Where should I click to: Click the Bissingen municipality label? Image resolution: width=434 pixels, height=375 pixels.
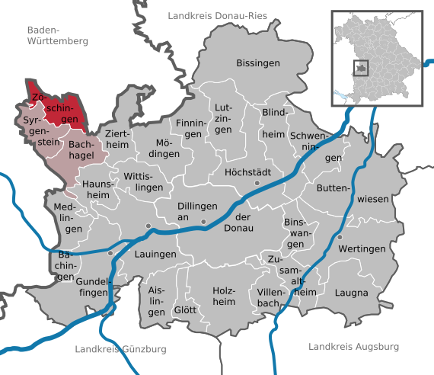click(258, 62)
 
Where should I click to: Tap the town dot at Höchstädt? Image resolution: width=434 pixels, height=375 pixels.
click(257, 184)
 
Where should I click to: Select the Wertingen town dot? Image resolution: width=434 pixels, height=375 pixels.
click(340, 238)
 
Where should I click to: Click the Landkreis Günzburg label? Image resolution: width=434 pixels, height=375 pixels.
click(121, 349)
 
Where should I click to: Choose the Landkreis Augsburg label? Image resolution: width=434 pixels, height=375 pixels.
click(354, 347)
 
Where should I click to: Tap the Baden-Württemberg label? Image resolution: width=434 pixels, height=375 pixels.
click(57, 35)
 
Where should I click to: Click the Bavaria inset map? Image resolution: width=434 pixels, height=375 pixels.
click(376, 57)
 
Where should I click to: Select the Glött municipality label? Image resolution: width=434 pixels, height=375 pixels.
click(185, 310)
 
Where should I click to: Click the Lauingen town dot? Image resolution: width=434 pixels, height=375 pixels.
click(148, 226)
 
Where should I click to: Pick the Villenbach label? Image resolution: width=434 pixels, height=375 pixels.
click(272, 296)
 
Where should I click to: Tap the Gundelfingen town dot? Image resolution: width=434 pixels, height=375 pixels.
click(110, 253)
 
